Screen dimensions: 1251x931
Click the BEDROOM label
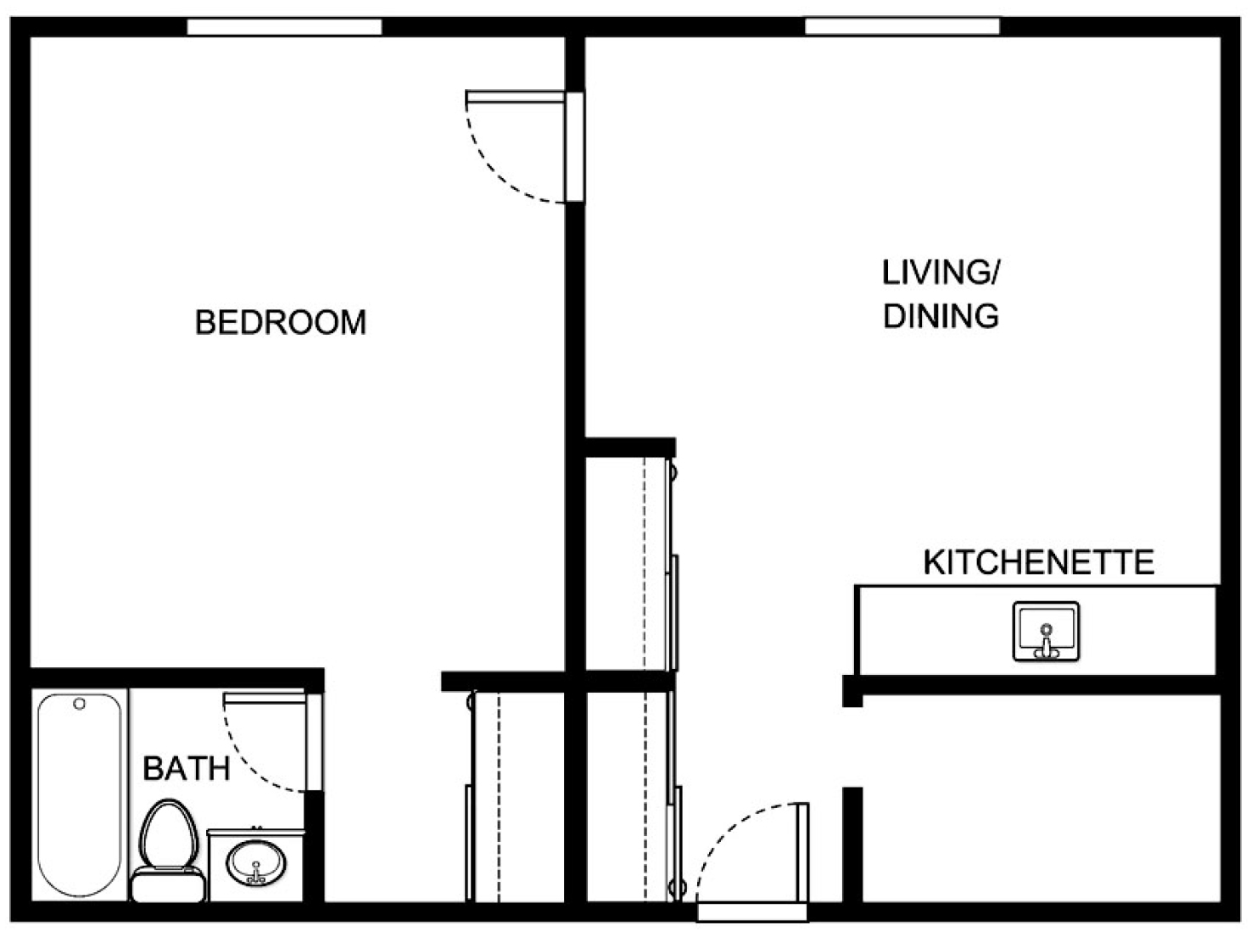tap(281, 322)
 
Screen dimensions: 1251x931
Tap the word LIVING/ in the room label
tap(941, 273)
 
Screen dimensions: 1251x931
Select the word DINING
tap(941, 315)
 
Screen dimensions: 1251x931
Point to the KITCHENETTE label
tap(1038, 562)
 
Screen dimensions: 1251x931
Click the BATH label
tap(186, 768)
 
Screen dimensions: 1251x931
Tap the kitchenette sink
tap(1047, 632)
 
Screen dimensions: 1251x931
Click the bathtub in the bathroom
tap(80, 795)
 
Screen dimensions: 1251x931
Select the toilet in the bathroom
tap(168, 851)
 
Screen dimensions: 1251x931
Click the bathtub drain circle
tap(80, 704)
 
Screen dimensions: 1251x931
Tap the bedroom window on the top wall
tap(284, 26)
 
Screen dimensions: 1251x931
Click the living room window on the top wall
tap(902, 26)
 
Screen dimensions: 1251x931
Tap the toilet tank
tap(168, 886)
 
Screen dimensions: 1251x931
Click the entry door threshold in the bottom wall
tap(752, 911)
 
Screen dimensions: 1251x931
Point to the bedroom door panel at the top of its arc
tap(516, 97)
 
